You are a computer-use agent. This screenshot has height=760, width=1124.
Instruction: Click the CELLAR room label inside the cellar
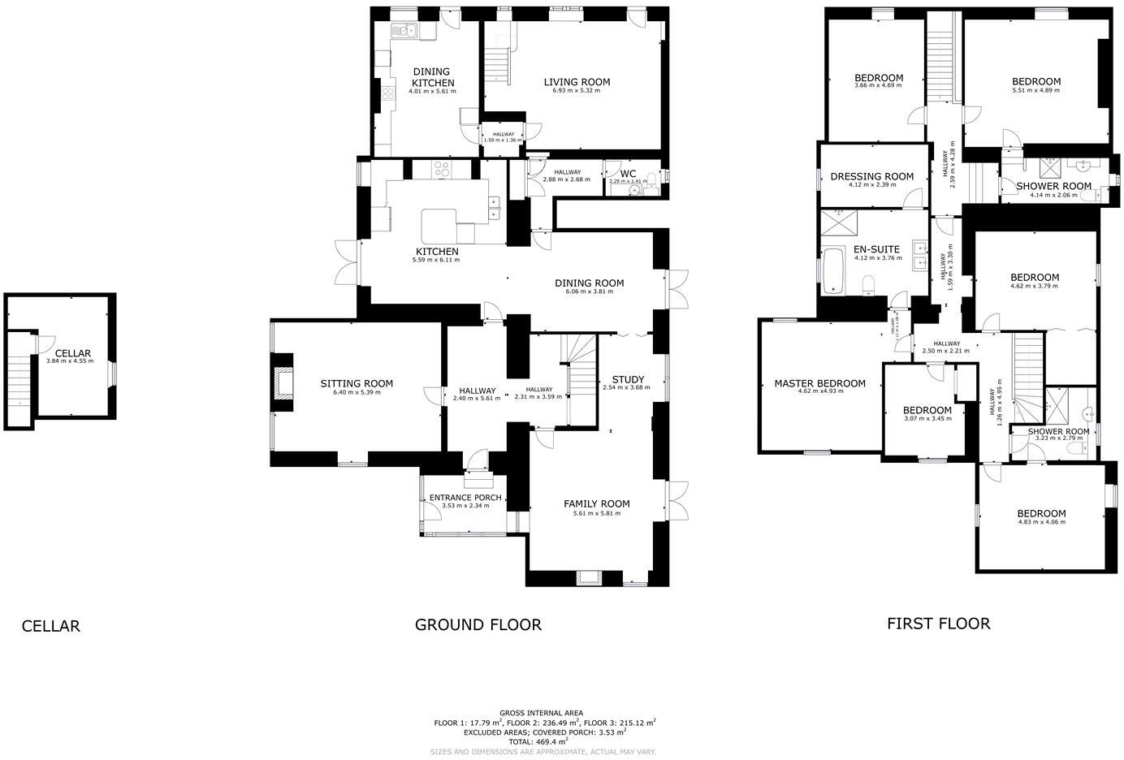coord(73,353)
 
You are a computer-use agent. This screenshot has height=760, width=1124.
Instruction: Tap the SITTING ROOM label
coord(357,383)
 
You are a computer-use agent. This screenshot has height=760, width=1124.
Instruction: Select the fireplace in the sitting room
coord(283,382)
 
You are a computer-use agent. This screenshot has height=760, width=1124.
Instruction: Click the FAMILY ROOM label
coord(596,503)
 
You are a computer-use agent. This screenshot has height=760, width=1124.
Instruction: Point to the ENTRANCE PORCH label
coord(465,498)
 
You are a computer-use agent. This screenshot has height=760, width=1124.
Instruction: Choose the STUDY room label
coord(628,379)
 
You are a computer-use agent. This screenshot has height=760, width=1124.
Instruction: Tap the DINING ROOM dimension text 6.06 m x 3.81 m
coord(589,292)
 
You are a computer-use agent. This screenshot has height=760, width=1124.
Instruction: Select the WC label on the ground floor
coord(628,174)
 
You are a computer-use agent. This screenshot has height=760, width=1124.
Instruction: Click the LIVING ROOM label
coord(577,82)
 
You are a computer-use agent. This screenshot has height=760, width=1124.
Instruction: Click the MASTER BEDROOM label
coord(819,383)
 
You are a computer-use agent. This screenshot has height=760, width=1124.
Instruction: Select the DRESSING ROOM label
coord(871,176)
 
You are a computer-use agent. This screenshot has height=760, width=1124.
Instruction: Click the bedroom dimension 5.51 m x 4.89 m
coord(1035,91)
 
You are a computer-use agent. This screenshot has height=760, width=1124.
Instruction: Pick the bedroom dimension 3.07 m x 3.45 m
coord(927,418)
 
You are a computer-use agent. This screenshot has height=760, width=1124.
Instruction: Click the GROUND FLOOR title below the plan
coord(478,624)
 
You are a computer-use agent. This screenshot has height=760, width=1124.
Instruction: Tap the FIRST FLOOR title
coord(938,624)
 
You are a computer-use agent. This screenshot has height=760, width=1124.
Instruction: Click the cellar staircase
coord(20,382)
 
